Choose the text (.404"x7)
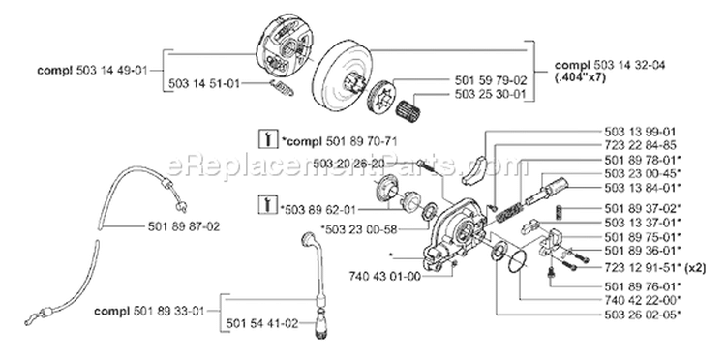[582, 80]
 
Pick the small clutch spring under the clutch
[278, 88]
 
